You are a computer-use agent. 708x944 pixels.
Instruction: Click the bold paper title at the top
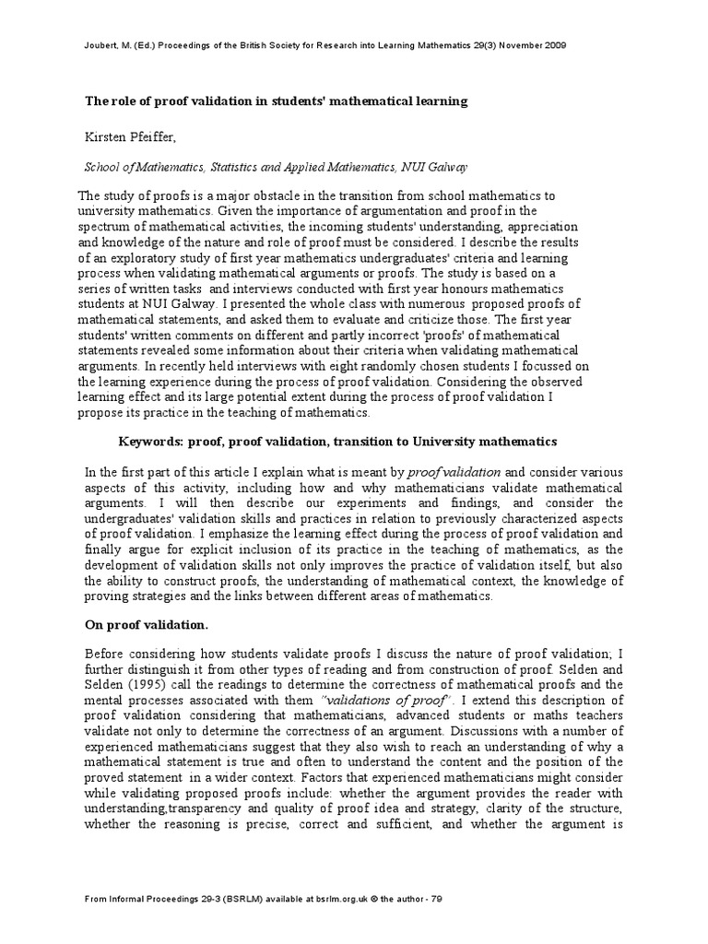click(x=277, y=100)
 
